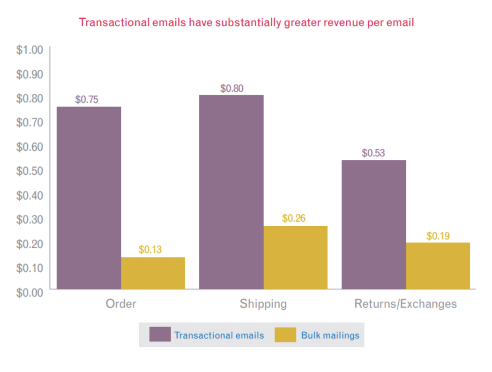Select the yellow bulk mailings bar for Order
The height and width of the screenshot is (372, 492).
pos(153,273)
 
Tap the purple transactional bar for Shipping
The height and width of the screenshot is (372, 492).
pos(231,192)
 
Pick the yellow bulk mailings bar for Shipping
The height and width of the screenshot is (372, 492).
pos(295,257)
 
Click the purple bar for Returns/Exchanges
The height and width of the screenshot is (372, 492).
pos(373,224)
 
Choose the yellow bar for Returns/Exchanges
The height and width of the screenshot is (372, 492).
pos(438,266)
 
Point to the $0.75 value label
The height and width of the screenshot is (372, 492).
pos(87,100)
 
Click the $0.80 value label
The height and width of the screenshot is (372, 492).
pos(232,88)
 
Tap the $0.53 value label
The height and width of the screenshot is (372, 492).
pos(373,153)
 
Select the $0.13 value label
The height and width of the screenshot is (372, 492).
pos(150,250)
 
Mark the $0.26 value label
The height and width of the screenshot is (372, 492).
pos(294,218)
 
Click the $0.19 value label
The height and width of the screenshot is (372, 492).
pos(438,236)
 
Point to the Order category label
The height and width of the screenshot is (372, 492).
pos(121,304)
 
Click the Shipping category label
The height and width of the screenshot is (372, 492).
pos(263,304)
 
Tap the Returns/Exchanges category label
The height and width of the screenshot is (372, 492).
pos(405,304)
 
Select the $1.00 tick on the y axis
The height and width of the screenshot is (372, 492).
pos(30,50)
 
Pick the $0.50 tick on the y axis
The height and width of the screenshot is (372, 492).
pos(30,171)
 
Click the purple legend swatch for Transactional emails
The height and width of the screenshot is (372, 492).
pos(160,335)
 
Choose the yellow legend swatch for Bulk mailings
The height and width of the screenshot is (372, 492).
pos(285,335)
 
